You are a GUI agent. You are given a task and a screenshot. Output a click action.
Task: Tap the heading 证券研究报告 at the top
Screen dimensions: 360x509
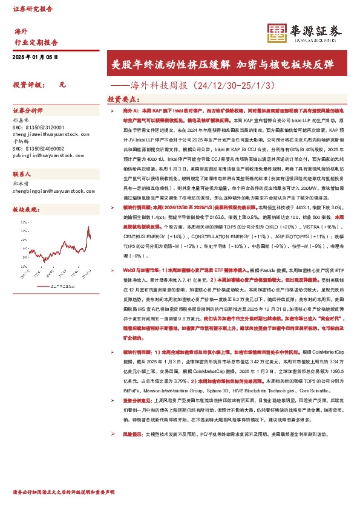(33, 10)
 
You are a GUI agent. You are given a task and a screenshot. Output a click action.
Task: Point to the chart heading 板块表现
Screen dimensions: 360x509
(25, 209)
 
